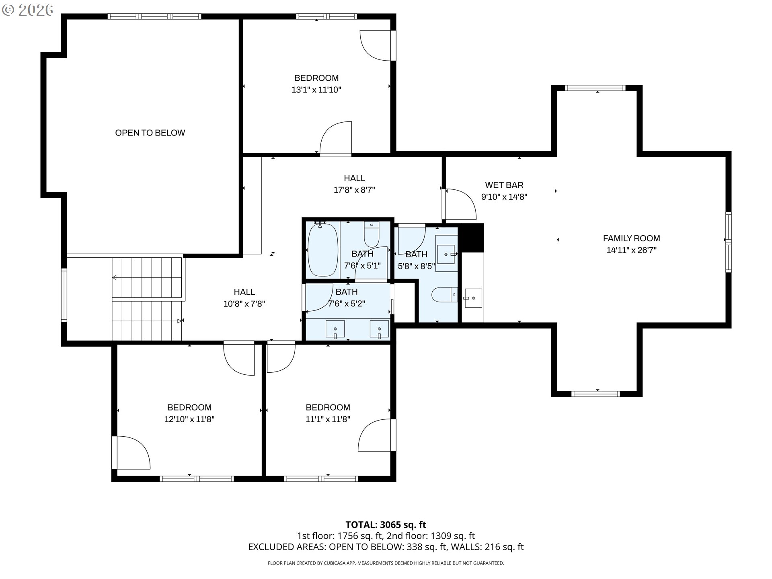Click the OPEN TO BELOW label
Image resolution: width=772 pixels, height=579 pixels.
[150, 133]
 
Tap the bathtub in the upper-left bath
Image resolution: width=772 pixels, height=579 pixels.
[322, 250]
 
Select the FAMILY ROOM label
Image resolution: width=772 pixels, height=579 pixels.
[631, 238]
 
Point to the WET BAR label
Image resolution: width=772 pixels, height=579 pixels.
[504, 185]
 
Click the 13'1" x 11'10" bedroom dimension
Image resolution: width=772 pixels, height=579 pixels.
[316, 90]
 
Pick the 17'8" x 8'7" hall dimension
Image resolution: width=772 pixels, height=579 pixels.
[354, 190]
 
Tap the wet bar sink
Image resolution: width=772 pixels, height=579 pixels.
[473, 298]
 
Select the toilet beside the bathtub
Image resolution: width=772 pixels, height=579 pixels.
[372, 234]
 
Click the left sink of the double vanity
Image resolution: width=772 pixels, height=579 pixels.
[335, 329]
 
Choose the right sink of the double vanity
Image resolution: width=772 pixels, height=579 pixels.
[379, 329]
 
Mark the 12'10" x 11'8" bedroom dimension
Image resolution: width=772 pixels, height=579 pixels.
[189, 419]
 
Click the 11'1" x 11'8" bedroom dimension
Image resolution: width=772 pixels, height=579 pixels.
[328, 419]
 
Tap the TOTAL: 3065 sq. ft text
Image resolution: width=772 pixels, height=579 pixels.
[386, 525]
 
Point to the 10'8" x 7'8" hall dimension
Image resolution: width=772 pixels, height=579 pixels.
[244, 304]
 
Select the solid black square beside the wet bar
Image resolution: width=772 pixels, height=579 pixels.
[471, 238]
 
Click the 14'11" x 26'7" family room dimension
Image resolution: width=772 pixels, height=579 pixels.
[631, 250]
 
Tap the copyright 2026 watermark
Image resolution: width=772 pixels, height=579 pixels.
[28, 10]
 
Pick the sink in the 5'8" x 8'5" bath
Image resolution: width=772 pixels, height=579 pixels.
[446, 254]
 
